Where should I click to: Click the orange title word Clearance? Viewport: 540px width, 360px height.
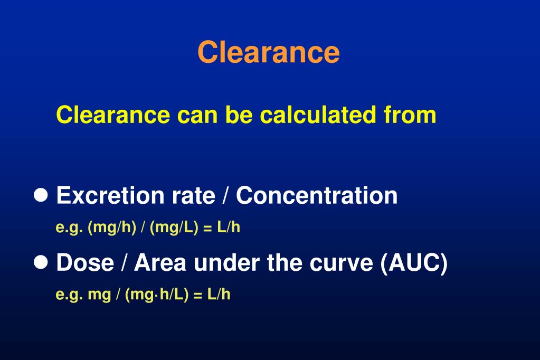[269, 52]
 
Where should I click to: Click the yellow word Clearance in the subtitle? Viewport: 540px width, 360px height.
[113, 115]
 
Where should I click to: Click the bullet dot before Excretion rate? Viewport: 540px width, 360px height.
[41, 195]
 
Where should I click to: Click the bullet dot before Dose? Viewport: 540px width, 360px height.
[41, 262]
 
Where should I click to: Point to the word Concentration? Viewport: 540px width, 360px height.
[317, 195]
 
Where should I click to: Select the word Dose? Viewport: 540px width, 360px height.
[84, 262]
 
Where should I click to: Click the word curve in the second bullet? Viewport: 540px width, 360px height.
[341, 262]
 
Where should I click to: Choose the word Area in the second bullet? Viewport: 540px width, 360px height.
[160, 262]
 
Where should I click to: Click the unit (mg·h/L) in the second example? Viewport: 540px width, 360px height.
[157, 295]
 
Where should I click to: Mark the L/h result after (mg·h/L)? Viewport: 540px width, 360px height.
[219, 295]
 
